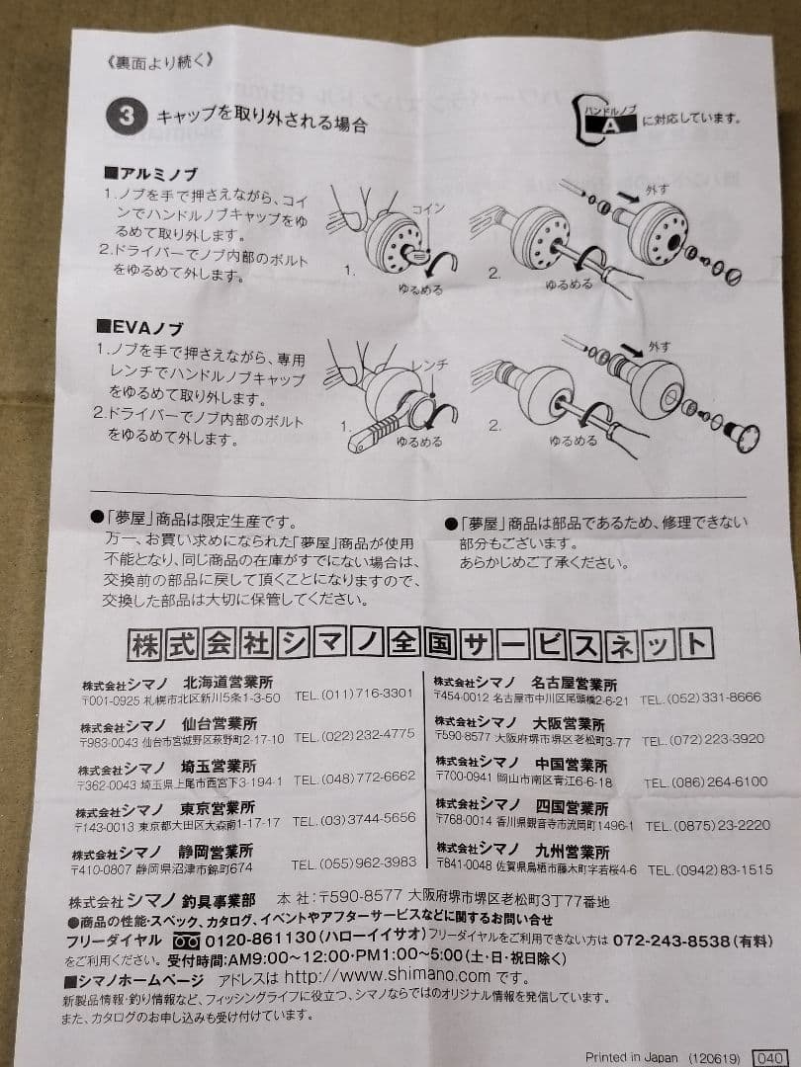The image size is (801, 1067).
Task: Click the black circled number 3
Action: pyautogui.click(x=127, y=117)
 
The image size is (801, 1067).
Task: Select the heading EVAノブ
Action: pyautogui.click(x=140, y=327)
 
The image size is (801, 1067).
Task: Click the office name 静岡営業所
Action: pyautogui.click(x=217, y=851)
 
